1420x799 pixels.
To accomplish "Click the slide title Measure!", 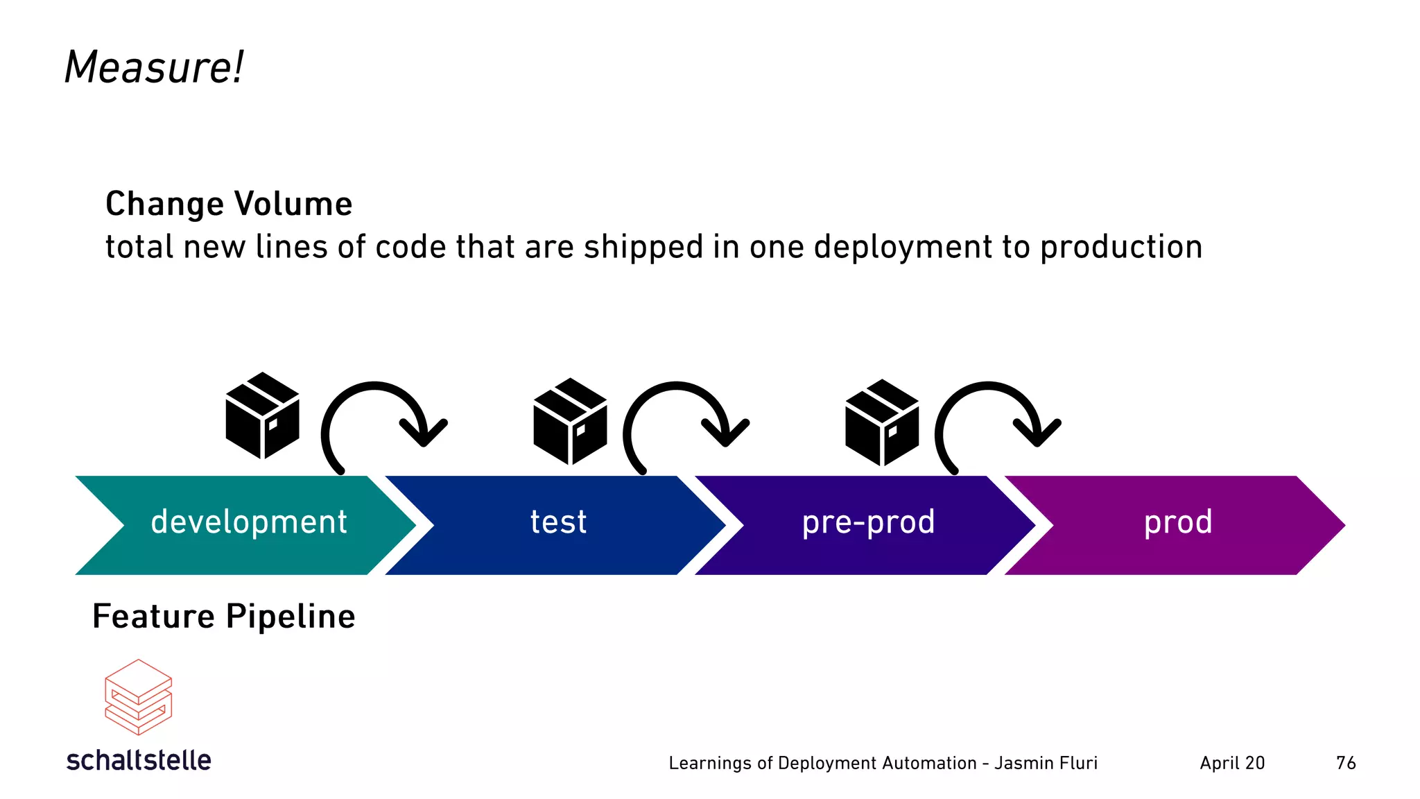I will (153, 67).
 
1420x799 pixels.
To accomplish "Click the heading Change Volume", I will (229, 204).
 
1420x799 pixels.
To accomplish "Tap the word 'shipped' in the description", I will (643, 247).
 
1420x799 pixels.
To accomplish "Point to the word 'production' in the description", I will (1121, 247).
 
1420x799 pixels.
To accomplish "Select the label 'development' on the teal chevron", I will (248, 522).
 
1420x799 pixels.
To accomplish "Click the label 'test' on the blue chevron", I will (558, 522).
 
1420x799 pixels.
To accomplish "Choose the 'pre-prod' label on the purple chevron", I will (868, 522).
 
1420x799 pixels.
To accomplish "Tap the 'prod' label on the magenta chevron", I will (1178, 522).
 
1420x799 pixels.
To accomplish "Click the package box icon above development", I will (262, 415).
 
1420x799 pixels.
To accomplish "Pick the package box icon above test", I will (570, 421).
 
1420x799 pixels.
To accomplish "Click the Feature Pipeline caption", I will (223, 616).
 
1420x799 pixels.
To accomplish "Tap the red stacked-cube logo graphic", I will (138, 697).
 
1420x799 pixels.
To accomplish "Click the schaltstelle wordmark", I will (139, 760).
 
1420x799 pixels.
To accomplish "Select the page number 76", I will (1345, 763).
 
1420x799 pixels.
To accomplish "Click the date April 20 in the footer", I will (1232, 763).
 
